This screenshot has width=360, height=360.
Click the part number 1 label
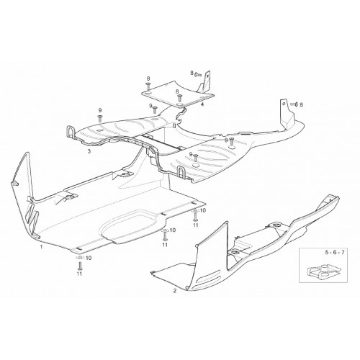click(41, 247)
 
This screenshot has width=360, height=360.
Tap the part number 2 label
click(175, 291)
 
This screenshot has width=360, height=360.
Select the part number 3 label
click(89, 151)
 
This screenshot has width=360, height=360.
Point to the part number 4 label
click(202, 104)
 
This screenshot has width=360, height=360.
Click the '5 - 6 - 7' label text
click(335, 253)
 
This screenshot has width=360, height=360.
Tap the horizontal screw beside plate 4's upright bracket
click(199, 74)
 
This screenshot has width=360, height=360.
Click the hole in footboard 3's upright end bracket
click(283, 104)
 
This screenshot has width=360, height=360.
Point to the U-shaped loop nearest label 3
click(69, 132)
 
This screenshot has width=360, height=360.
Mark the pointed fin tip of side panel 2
click(226, 222)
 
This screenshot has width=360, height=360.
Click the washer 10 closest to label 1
click(79, 258)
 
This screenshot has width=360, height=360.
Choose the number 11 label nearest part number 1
click(79, 274)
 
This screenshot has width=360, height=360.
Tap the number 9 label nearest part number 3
click(100, 110)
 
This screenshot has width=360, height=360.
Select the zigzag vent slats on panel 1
click(33, 215)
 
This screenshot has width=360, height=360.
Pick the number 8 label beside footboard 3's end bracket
click(302, 104)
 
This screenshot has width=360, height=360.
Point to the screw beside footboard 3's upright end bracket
click(294, 104)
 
